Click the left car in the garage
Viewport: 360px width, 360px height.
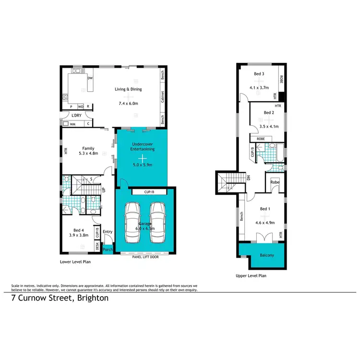point(132,224)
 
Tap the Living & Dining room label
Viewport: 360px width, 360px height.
point(128,89)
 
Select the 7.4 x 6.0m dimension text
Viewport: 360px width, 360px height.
point(128,103)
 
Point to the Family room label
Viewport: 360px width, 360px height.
point(88,148)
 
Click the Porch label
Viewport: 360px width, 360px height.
point(108,250)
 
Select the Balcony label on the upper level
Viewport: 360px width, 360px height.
point(267,255)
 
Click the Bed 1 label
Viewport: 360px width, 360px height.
point(265,210)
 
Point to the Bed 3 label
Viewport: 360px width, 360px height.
point(259,74)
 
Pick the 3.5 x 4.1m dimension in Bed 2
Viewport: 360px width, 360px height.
point(268,126)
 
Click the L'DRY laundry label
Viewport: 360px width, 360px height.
point(76,116)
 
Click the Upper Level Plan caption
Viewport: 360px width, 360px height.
point(251,276)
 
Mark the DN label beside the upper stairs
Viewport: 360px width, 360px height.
point(249,177)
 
